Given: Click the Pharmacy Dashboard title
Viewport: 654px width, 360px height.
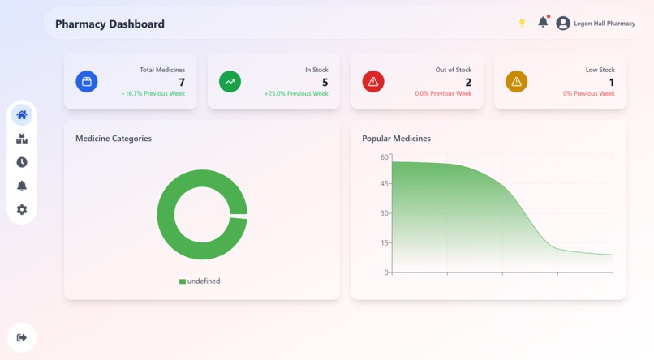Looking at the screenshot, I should point(110,24).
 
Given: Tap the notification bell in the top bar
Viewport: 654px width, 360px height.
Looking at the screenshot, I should point(543,23).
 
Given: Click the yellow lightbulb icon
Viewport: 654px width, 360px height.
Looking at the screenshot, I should point(522,24).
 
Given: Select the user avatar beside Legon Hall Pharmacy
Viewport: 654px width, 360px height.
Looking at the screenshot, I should point(563,24).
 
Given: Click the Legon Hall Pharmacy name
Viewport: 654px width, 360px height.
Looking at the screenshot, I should point(605,24).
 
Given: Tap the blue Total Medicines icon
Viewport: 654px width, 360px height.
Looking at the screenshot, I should point(87,82).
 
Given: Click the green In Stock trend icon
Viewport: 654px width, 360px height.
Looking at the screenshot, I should point(230,82).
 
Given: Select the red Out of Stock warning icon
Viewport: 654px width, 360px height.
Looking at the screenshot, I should point(373,82).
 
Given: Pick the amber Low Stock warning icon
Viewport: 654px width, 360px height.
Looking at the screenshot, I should point(516,82).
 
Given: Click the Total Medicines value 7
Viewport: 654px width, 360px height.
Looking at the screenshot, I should point(182,82).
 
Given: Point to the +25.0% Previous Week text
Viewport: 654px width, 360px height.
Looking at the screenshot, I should point(296,94).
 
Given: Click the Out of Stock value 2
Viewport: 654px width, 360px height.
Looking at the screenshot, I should point(468,82).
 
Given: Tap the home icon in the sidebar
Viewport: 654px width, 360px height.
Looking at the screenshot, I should point(22,115).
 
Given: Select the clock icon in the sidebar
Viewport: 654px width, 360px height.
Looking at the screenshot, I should point(22,162).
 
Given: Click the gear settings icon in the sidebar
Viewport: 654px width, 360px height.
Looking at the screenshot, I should point(22,209).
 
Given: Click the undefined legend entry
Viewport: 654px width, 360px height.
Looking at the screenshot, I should point(200,281).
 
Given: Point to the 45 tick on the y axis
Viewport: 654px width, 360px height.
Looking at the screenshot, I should point(384,184).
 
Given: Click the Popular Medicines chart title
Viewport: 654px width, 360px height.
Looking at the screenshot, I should point(396,139).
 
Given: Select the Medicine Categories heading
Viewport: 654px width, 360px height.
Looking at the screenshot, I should point(114,139).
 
